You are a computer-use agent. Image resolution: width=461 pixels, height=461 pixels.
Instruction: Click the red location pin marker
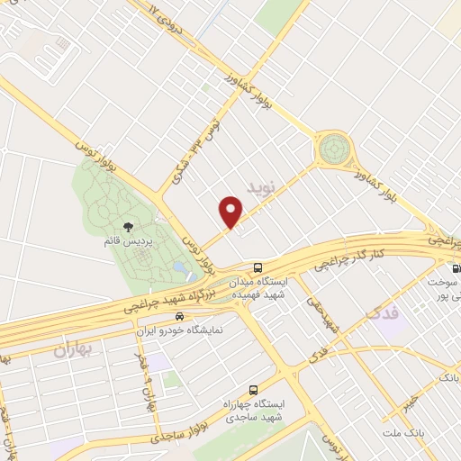231,212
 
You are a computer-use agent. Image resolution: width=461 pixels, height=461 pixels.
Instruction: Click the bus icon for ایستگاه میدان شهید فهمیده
258,268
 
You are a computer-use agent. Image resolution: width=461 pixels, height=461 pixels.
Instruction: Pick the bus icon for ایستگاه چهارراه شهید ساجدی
253,391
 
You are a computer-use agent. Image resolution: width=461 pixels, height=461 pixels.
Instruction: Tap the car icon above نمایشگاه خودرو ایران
181,316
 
